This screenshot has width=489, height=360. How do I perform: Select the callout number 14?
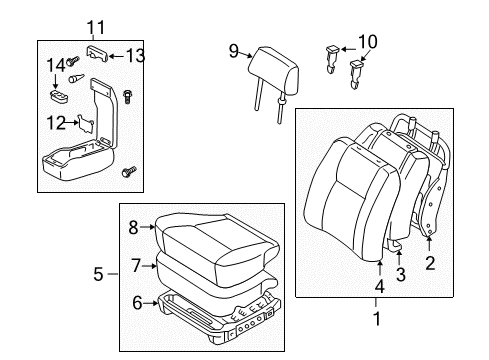click(55, 65)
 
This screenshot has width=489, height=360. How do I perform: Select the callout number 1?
click(377, 320)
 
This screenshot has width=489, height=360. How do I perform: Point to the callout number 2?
click(430, 263)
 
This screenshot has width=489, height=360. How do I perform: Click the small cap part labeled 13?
click(99, 54)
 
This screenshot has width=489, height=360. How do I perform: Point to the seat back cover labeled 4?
click(345, 200)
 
